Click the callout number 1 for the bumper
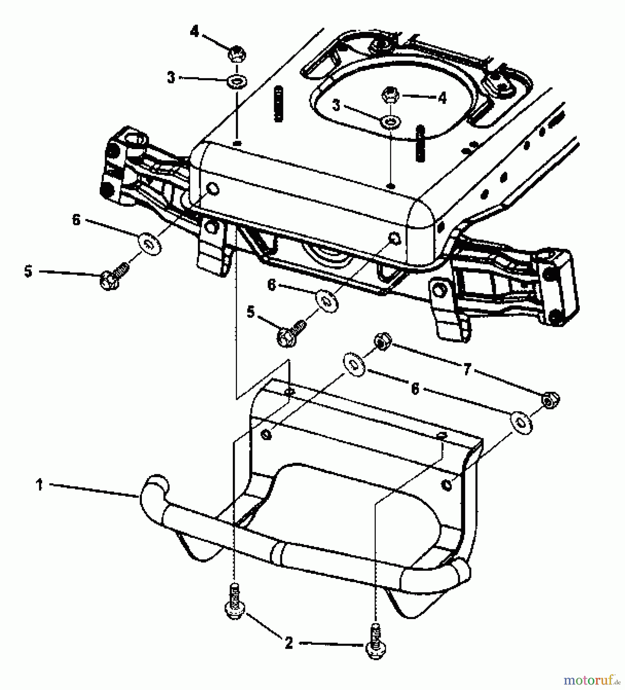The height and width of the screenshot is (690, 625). (x=39, y=485)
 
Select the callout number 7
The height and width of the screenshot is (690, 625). (x=466, y=370)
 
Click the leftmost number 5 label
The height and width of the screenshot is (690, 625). (x=28, y=271)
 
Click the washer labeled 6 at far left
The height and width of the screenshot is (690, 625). (x=150, y=243)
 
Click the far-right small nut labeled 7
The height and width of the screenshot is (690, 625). (x=551, y=400)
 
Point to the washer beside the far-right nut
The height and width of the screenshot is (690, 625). (x=521, y=423)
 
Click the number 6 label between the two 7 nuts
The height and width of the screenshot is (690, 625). (x=414, y=389)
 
